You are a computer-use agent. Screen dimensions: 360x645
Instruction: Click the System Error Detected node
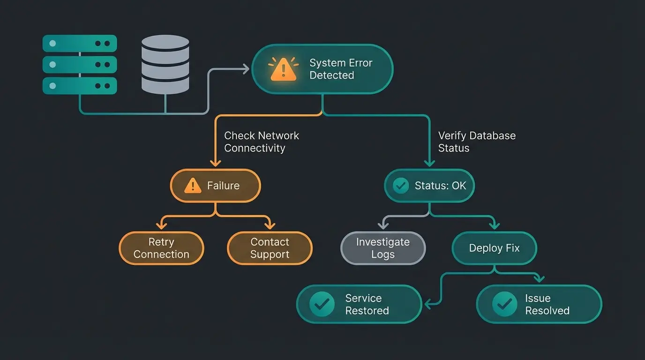pyautogui.click(x=322, y=69)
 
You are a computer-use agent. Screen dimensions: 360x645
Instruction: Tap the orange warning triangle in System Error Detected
pyautogui.click(x=283, y=70)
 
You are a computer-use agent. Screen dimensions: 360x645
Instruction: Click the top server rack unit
pyautogui.click(x=80, y=43)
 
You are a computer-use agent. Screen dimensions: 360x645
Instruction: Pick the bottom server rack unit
pyautogui.click(x=80, y=86)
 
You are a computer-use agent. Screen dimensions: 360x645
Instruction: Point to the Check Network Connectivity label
pyautogui.click(x=261, y=142)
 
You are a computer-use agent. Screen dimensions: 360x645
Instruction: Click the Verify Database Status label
pyautogui.click(x=476, y=142)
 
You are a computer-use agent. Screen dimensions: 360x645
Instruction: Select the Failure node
pyautogui.click(x=215, y=186)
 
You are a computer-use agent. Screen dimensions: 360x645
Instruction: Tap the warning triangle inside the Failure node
pyautogui.click(x=192, y=186)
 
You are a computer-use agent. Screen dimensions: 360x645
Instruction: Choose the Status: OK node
pyautogui.click(x=429, y=186)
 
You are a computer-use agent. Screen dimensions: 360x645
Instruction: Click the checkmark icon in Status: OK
pyautogui.click(x=400, y=186)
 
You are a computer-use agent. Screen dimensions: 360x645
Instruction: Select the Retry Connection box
pyautogui.click(x=161, y=248)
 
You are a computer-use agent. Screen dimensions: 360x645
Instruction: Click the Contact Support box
pyautogui.click(x=270, y=248)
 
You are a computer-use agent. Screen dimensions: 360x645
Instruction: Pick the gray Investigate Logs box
pyautogui.click(x=382, y=248)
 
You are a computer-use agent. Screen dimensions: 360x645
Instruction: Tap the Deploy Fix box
pyautogui.click(x=494, y=248)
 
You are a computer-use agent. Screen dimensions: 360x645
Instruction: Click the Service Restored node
pyautogui.click(x=359, y=304)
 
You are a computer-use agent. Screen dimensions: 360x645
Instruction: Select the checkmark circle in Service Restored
pyautogui.click(x=322, y=304)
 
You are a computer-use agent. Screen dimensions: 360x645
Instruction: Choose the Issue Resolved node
pyautogui.click(x=539, y=304)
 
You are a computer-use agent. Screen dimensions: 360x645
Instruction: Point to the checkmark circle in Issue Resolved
pyautogui.click(x=504, y=304)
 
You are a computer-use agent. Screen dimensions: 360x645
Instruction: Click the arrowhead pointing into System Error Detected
pyautogui.click(x=246, y=69)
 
